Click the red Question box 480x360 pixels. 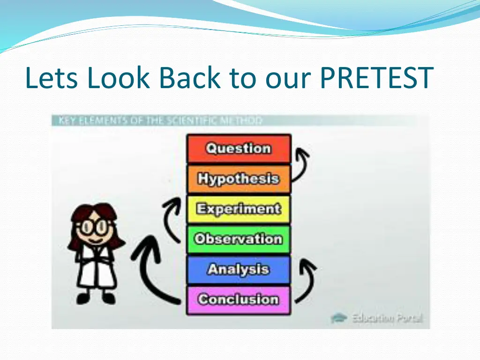pos(239,149)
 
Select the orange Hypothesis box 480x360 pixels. pos(239,179)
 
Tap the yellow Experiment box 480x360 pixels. pos(239,209)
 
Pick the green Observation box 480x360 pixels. pos(239,239)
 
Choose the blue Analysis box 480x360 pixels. pos(239,270)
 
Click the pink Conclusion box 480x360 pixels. pos(239,299)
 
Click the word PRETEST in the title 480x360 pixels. pos(376,78)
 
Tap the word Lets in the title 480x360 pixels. pos(52,78)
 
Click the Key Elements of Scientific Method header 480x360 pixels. pos(159,120)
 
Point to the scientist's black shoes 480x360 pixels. pos(96,299)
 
